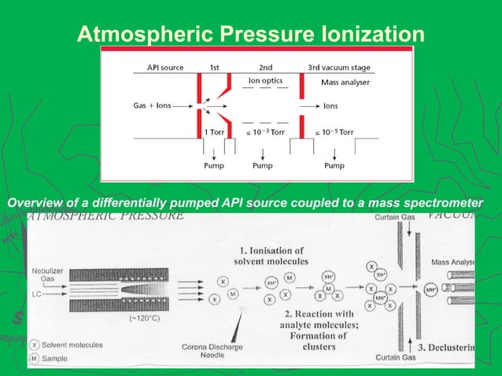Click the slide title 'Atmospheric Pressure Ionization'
click(250, 34)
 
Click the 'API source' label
click(165, 68)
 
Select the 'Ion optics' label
click(265, 80)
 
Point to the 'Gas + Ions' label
click(153, 105)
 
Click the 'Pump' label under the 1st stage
click(214, 166)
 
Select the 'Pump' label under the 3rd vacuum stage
click(334, 166)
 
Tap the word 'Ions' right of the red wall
click(331, 105)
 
